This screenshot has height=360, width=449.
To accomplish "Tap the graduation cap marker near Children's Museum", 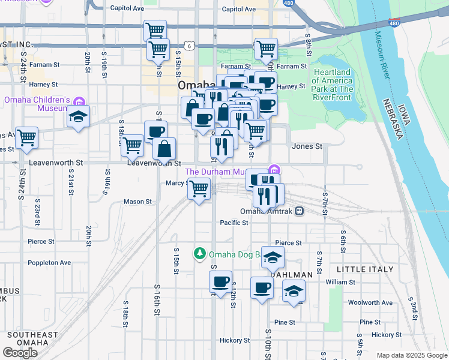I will pyautogui.click(x=78, y=118).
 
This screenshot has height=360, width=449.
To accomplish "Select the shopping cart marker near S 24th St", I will pyautogui.click(x=26, y=138).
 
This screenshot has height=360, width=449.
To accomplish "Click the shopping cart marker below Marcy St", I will pyautogui.click(x=199, y=189).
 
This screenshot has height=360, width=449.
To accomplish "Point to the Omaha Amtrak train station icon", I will pyautogui.click(x=299, y=211).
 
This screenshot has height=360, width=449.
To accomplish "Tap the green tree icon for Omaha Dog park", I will pyautogui.click(x=200, y=254).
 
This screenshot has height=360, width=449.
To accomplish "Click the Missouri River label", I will pyautogui.click(x=382, y=56).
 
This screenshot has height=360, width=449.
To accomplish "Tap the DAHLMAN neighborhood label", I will pyautogui.click(x=292, y=274).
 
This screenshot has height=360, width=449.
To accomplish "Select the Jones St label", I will pyautogui.click(x=307, y=146).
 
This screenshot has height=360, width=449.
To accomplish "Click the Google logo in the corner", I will pyautogui.click(x=20, y=352).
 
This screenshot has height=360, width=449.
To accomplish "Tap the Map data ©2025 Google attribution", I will pyautogui.click(x=411, y=355).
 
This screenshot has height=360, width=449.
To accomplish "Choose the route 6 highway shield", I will pyautogui.click(x=189, y=46).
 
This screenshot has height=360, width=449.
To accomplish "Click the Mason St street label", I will pyautogui.click(x=137, y=202).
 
